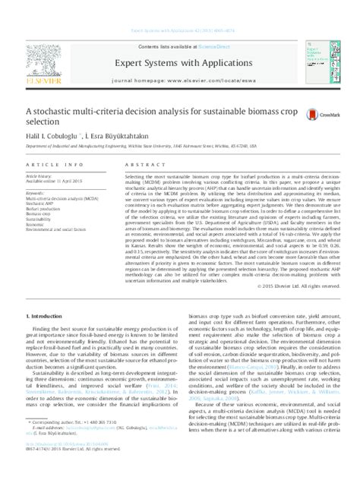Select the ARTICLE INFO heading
click(46, 164)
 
